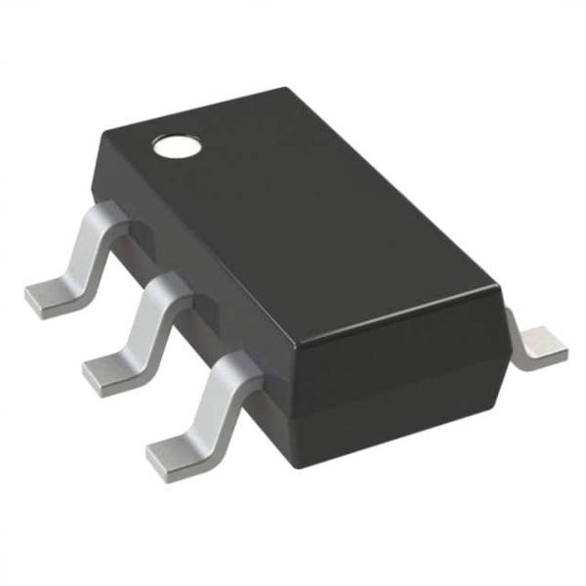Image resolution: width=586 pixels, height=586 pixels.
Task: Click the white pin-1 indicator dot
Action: point(177,147)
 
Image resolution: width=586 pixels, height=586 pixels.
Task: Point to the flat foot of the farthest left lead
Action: point(49,294)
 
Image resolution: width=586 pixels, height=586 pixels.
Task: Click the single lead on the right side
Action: point(538,346)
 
